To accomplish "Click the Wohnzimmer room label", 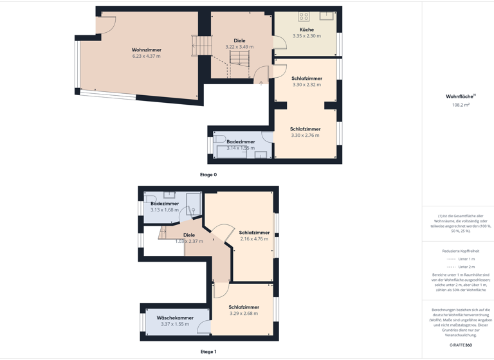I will pos(147,50).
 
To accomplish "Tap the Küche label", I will pos(307,30).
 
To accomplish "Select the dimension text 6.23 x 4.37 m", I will pos(147,57).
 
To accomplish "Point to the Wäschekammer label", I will pos(175,318).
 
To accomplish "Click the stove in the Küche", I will pos(304,17).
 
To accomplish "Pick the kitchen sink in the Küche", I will pos(327,15).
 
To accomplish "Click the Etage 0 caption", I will pos(208,175).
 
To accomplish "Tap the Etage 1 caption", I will pos(208,352).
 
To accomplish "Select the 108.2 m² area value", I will pos(461,105).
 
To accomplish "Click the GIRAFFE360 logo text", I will pos(461,345).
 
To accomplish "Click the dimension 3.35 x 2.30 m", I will pos(307,36).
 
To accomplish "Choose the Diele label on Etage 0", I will pos(239,40).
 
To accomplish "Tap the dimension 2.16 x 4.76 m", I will pos(254,239).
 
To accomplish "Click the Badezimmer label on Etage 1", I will pos(165,203).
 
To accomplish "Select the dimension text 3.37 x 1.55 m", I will pos(175,324).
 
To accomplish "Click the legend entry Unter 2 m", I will pos(466,267).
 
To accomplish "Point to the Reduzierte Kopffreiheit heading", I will pos(461,251).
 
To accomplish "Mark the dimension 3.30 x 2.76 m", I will pos(305,136).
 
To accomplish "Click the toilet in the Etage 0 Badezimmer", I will pos(220,139).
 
